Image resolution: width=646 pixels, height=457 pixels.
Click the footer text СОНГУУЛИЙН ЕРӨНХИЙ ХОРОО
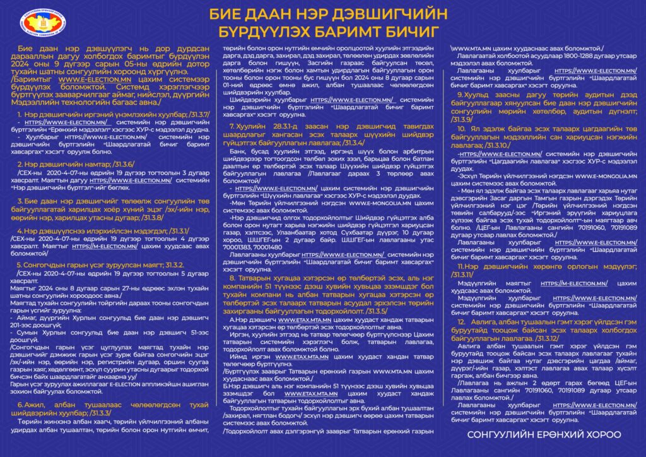[x=544, y=435]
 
